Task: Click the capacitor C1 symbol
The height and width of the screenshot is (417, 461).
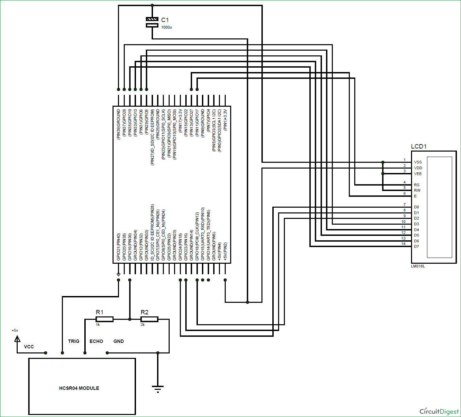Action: (x=152, y=22)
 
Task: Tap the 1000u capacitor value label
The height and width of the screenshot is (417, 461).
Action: (x=166, y=27)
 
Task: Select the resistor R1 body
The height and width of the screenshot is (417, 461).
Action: (x=104, y=319)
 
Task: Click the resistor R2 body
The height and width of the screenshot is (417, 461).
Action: (x=149, y=319)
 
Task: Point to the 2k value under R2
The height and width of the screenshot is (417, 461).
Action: (x=142, y=325)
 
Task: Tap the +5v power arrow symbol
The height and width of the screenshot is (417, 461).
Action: (x=17, y=339)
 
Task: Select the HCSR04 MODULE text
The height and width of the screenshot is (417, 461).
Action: (x=79, y=388)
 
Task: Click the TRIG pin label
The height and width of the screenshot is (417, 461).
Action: (x=73, y=341)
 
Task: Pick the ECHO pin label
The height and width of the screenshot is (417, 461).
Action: (x=96, y=341)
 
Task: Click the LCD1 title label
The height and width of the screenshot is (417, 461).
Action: (x=419, y=146)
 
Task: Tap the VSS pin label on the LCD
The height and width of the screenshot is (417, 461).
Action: (x=417, y=162)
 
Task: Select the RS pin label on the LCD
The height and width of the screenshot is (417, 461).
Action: (x=416, y=185)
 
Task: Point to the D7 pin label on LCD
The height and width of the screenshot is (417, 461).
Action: (x=416, y=246)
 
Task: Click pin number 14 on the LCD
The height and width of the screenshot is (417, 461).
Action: (x=404, y=244)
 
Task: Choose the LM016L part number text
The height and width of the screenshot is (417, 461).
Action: (x=418, y=266)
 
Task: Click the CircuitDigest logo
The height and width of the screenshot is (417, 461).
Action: (x=439, y=411)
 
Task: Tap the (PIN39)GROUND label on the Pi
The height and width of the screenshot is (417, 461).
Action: (x=118, y=124)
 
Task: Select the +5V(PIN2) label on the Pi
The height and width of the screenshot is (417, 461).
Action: (x=225, y=252)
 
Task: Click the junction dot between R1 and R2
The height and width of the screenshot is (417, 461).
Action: (x=130, y=319)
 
